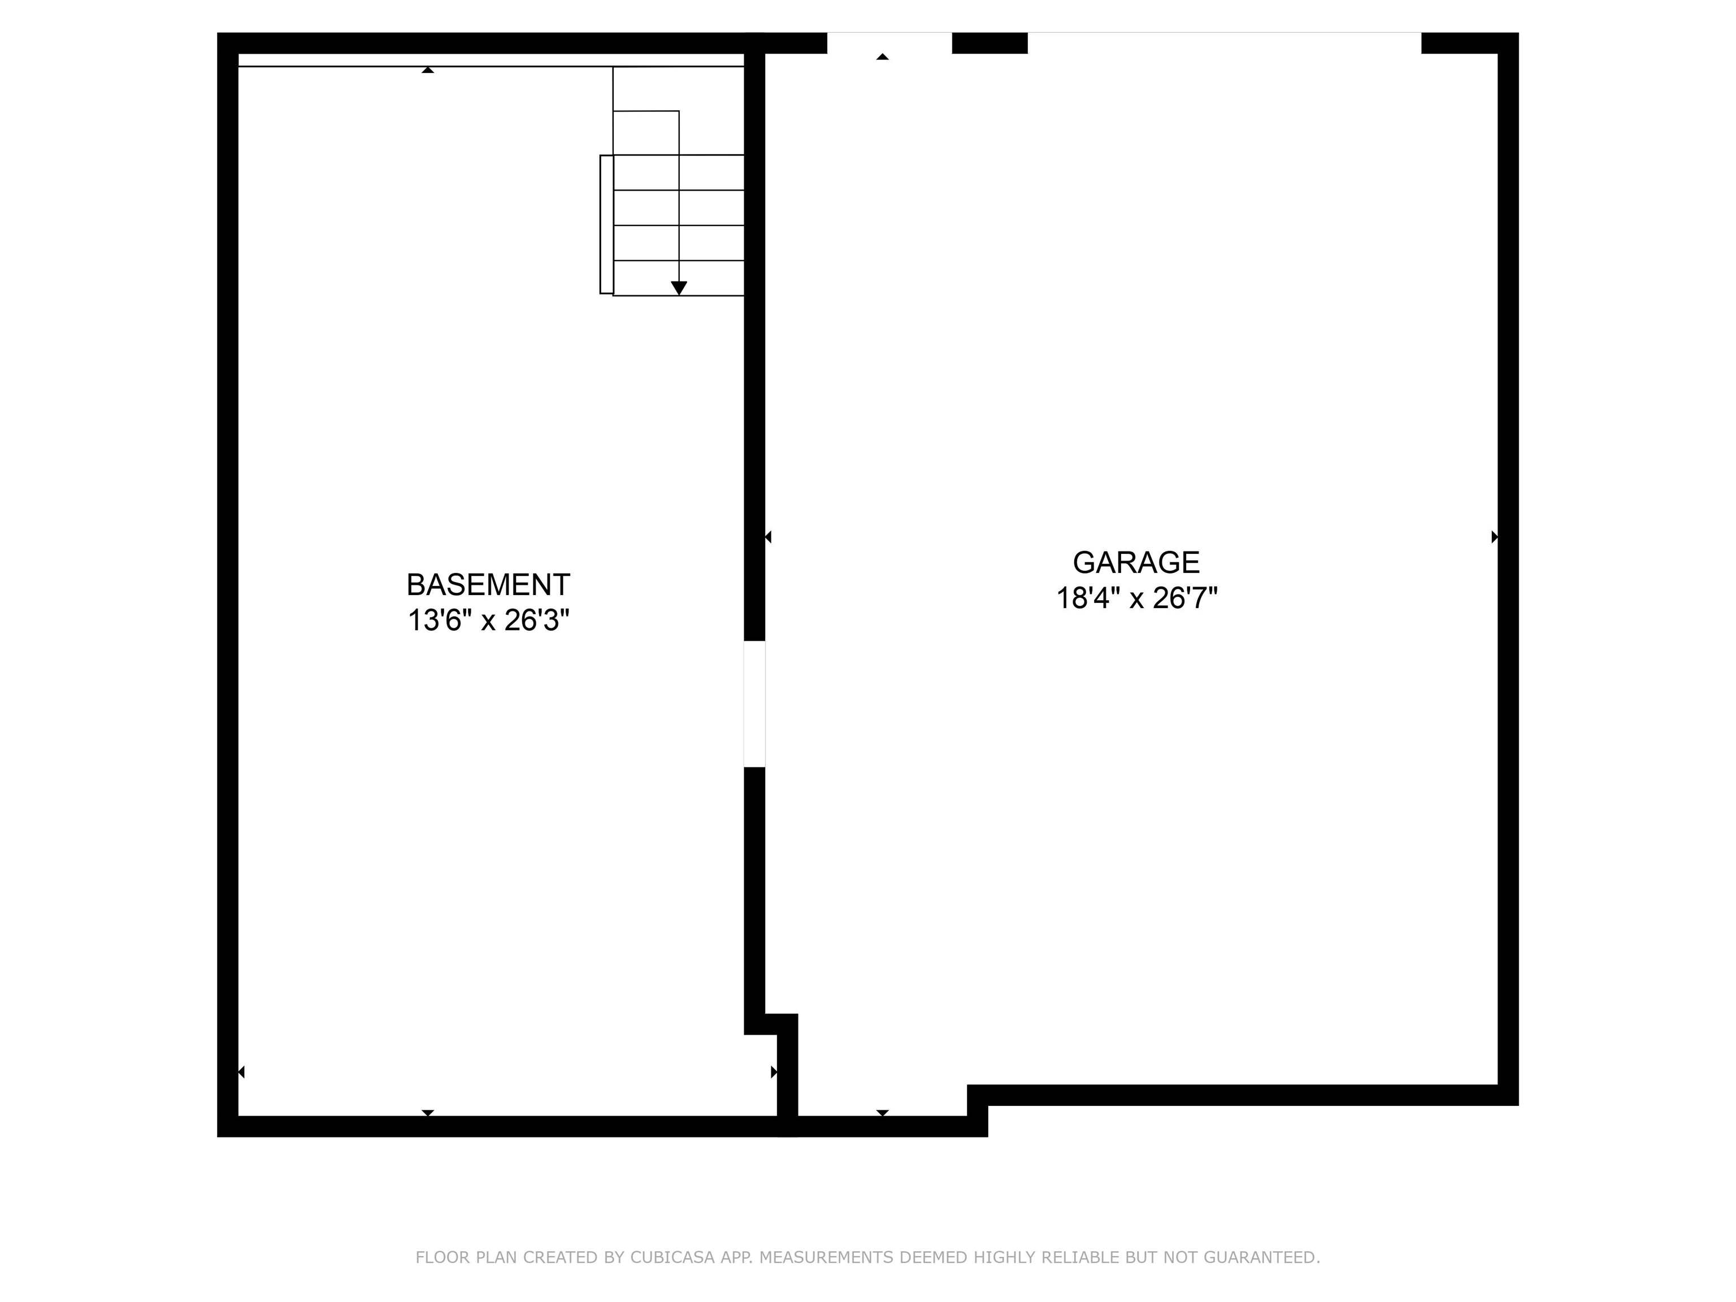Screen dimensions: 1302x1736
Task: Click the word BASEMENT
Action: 487,585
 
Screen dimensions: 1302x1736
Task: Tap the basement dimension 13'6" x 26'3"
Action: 487,621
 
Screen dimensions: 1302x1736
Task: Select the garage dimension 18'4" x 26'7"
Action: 1136,599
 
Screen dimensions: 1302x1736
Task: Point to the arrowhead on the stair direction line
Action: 679,288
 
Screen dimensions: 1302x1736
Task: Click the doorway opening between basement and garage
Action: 754,704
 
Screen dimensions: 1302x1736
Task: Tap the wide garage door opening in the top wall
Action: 1225,42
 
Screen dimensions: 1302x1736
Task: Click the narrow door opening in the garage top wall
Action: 889,42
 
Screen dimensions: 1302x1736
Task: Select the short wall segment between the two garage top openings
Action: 989,42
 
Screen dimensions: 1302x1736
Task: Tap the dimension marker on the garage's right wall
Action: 1494,537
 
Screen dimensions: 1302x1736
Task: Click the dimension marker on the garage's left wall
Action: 769,537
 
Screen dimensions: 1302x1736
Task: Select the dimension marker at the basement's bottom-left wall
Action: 242,1072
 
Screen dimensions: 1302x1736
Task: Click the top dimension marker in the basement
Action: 428,70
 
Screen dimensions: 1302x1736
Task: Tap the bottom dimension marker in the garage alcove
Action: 882,1112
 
